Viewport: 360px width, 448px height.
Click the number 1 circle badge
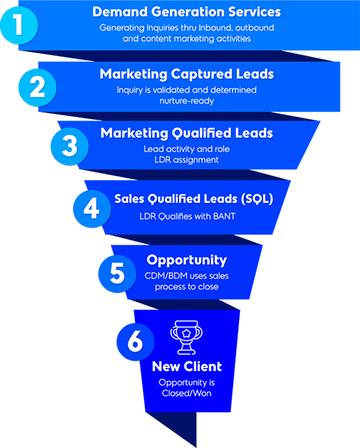click(x=19, y=25)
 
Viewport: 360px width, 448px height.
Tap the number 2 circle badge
click(x=38, y=87)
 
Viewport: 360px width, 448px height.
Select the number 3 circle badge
click(x=69, y=146)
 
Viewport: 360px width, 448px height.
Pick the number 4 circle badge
click(x=92, y=209)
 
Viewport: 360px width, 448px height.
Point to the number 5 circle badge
click(x=117, y=273)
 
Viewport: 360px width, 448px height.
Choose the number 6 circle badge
click(x=136, y=341)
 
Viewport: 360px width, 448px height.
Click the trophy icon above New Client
click(x=186, y=338)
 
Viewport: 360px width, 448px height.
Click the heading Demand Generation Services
click(x=187, y=12)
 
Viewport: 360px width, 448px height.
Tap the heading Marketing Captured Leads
click(x=187, y=74)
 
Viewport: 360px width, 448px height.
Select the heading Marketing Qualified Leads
click(x=187, y=133)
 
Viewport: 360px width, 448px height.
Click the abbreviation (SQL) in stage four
click(x=257, y=199)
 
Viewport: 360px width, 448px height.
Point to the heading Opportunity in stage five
click(x=187, y=260)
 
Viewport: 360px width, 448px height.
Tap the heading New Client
click(x=187, y=366)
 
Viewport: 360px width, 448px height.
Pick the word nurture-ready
click(x=187, y=101)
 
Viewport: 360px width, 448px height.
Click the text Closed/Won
click(x=187, y=393)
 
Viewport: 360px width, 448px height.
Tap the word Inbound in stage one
click(x=216, y=27)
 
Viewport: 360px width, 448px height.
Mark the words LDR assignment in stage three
click(x=187, y=160)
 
